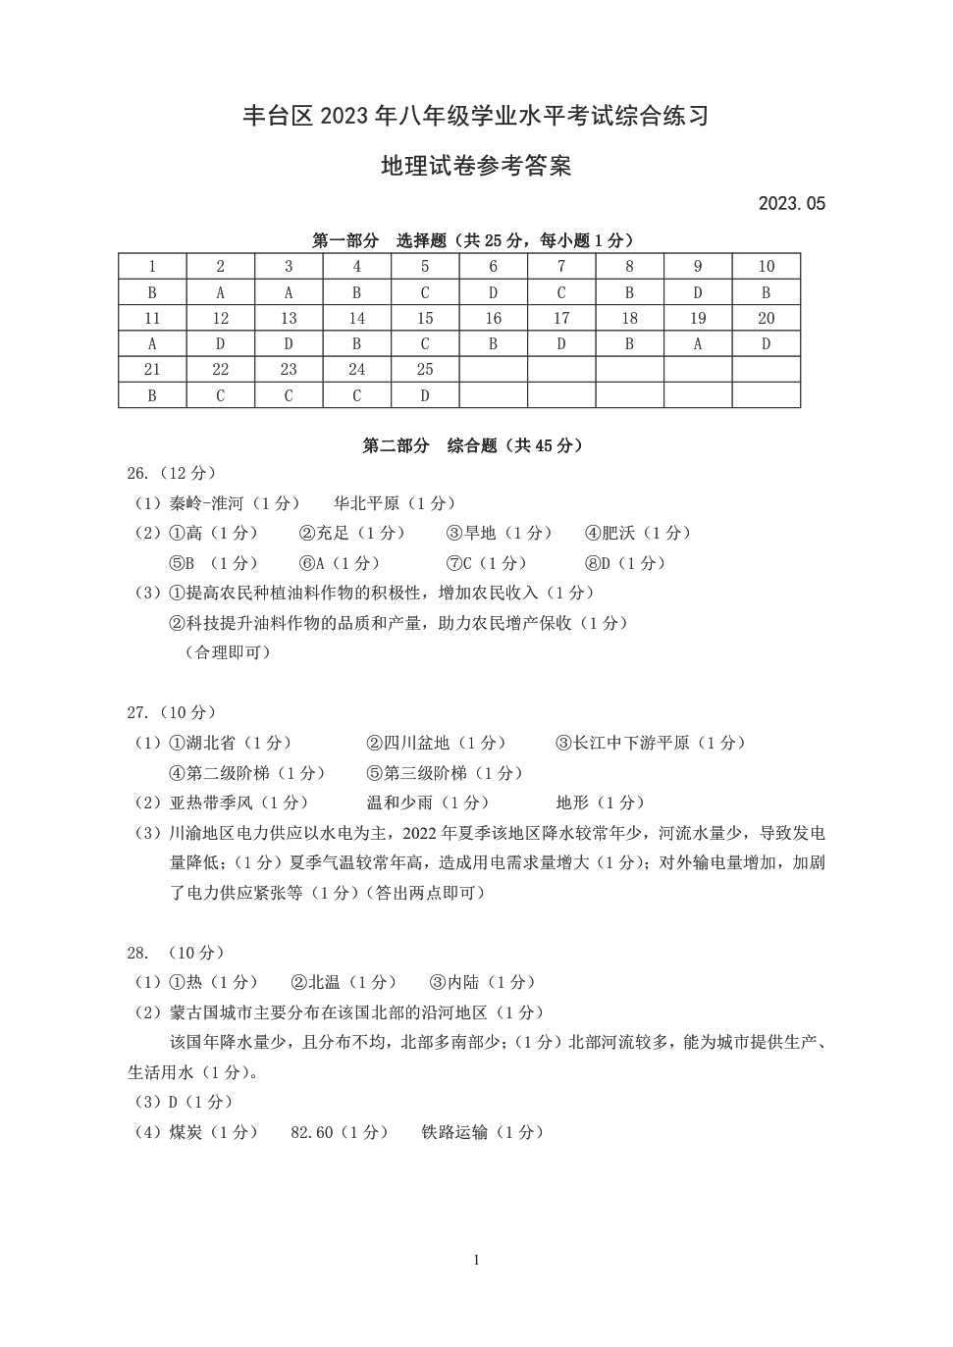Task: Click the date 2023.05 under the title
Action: [791, 204]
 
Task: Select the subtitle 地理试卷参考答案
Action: [476, 166]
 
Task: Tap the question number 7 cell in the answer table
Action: [561, 267]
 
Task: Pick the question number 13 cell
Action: [289, 318]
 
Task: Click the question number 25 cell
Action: [425, 370]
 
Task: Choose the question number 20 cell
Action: [766, 318]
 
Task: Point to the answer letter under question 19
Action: [698, 344]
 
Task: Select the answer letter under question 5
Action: [425, 292]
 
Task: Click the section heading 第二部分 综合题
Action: [473, 445]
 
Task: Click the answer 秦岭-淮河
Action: [206, 503]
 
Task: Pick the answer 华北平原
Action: [366, 503]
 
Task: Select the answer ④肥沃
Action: [609, 533]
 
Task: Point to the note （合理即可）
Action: [228, 652]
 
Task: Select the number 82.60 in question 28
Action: [312, 1132]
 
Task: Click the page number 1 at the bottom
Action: [476, 1260]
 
